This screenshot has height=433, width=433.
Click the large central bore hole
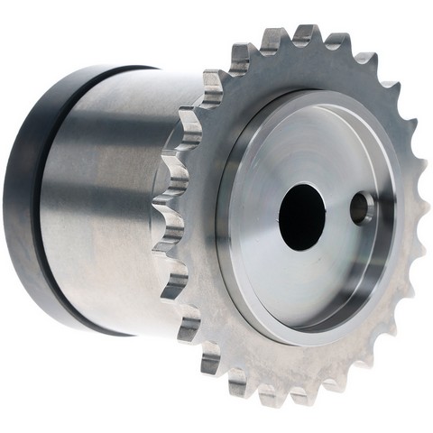(x=301, y=216)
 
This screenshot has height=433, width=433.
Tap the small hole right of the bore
(x=363, y=208)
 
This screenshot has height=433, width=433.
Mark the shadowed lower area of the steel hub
(x=108, y=289)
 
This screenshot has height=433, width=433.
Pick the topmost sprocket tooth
(x=305, y=34)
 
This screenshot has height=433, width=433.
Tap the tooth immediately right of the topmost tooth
(x=337, y=41)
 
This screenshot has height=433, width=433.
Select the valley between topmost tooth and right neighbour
(x=322, y=45)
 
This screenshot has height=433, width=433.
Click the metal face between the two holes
(x=337, y=213)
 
